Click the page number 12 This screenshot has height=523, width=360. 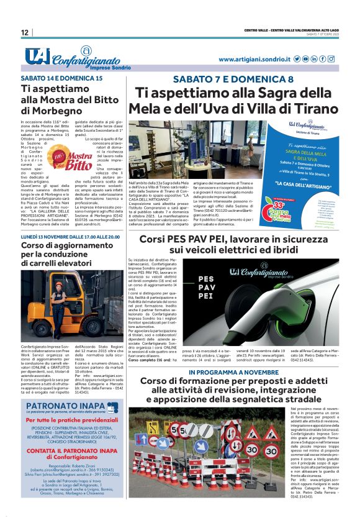[24, 32]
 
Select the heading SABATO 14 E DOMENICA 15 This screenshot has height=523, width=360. [61, 80]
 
